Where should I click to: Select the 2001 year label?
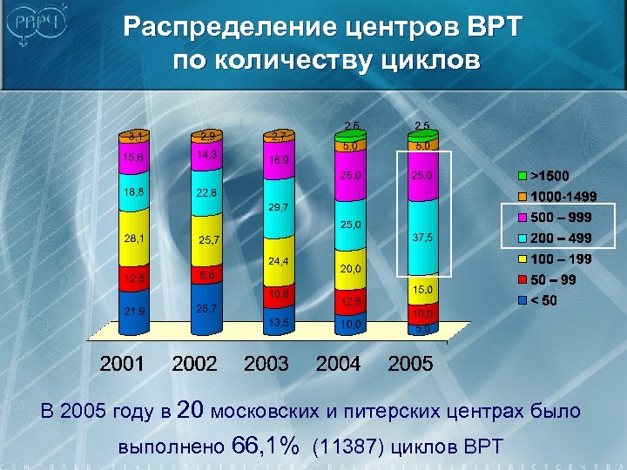[x=122, y=364]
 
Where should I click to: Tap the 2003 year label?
[x=266, y=364]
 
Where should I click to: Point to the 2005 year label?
[x=410, y=364]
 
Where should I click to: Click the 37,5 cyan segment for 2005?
[x=423, y=238]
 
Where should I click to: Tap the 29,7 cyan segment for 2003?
[x=279, y=208]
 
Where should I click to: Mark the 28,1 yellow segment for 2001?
[x=134, y=237]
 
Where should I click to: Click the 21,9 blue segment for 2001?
[x=134, y=311]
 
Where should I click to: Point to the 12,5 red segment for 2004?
[x=351, y=301]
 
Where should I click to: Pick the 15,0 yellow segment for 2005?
[x=423, y=289]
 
